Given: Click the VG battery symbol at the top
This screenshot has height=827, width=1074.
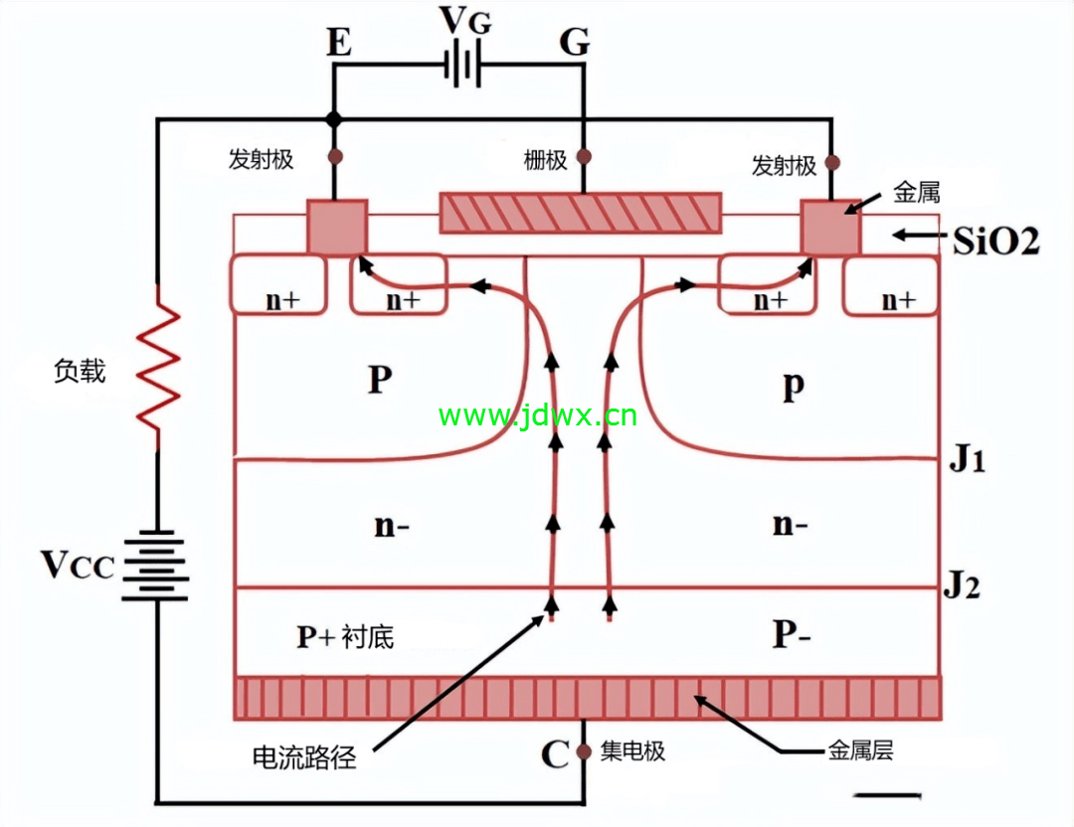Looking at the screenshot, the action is point(463,66).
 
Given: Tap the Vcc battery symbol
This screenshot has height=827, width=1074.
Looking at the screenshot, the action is point(156,567).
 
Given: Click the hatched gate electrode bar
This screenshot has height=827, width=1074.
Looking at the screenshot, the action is point(580,213).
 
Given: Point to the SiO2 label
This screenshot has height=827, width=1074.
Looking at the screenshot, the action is point(996,241).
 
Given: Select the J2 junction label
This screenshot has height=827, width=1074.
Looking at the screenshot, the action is point(962,585).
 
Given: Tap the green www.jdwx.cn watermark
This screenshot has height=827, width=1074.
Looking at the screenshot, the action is point(538,415).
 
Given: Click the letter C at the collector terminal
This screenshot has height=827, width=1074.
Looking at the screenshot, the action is point(555,754).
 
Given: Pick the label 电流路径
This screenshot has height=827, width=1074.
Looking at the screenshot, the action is point(304,757).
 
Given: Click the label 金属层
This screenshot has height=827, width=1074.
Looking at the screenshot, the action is point(861,751).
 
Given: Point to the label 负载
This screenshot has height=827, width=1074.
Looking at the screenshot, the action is point(80,371).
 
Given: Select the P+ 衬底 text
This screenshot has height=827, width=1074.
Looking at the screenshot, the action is point(345,637).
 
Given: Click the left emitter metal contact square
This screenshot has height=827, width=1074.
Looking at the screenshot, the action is point(337,227).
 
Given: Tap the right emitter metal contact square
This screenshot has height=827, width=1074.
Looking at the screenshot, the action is point(830,227).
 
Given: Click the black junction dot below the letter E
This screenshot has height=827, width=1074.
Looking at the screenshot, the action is point(333,120).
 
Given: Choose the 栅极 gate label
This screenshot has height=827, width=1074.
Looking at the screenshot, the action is point(545,160).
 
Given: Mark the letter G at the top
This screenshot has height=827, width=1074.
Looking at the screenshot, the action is point(574,43).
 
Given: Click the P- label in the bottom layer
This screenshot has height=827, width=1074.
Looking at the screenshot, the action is point(792,634).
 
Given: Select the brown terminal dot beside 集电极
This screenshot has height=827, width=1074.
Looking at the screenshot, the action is point(584,751).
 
